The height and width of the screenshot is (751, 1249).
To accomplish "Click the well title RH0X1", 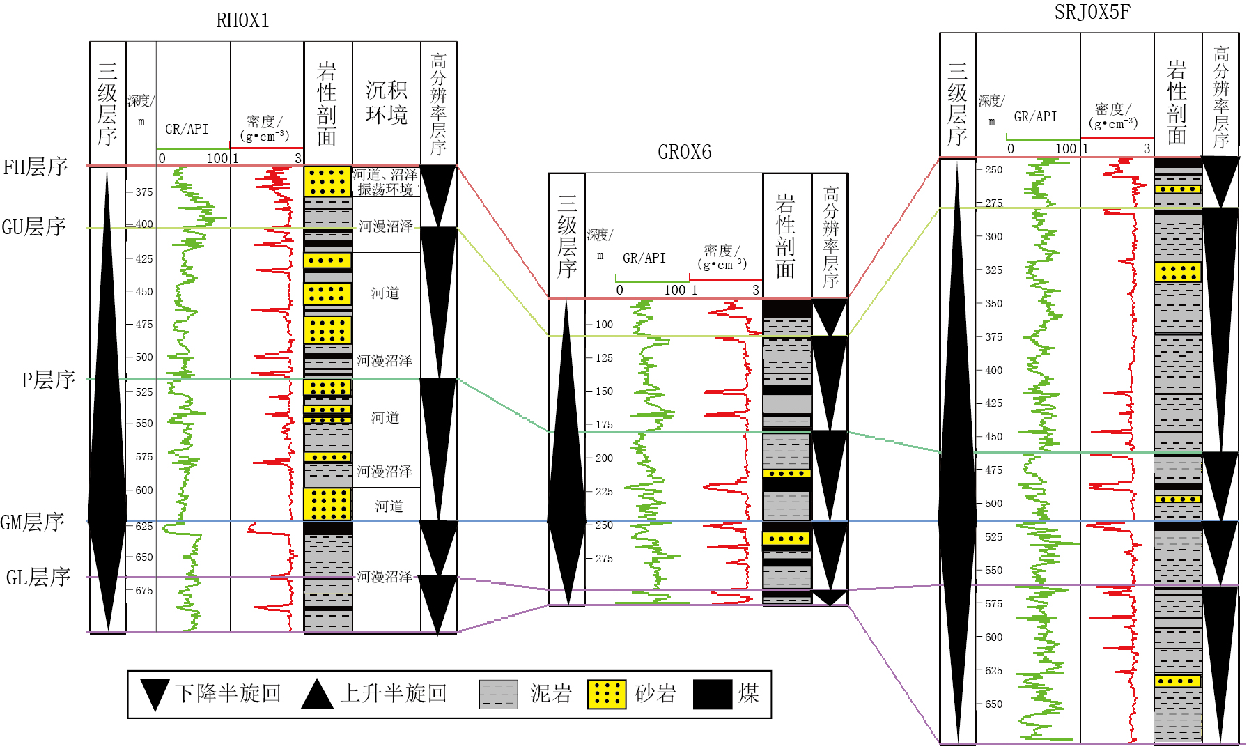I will (242, 21).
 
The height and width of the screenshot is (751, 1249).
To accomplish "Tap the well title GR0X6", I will (684, 152).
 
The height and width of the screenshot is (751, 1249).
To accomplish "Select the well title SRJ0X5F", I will (1092, 13).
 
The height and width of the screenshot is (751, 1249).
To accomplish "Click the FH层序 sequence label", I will (35, 167).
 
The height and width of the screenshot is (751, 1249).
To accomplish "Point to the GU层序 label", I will (33, 227).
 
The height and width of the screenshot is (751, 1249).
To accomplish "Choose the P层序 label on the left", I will (47, 380).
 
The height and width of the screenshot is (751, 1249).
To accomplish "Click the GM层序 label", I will (32, 522).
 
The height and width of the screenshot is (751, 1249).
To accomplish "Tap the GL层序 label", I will (38, 578).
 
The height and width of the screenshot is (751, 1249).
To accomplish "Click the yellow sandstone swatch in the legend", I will (606, 694).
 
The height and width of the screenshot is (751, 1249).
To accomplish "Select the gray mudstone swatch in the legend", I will (498, 694).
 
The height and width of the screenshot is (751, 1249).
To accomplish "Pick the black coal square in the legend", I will (713, 694).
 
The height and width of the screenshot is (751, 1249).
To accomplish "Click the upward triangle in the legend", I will (317, 694).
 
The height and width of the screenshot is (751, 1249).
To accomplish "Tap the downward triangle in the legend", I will (155, 694).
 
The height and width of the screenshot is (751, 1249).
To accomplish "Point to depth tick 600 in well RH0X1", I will (143, 490).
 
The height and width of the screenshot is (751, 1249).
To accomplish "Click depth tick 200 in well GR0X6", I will (603, 458).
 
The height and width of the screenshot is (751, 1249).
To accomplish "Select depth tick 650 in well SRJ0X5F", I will (993, 704).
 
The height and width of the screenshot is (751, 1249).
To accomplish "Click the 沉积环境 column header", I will (386, 102).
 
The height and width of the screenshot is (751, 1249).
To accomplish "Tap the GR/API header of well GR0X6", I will (644, 258).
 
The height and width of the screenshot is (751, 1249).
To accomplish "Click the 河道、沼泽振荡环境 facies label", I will (385, 182).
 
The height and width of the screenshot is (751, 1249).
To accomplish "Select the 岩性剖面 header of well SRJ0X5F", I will (1177, 102).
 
